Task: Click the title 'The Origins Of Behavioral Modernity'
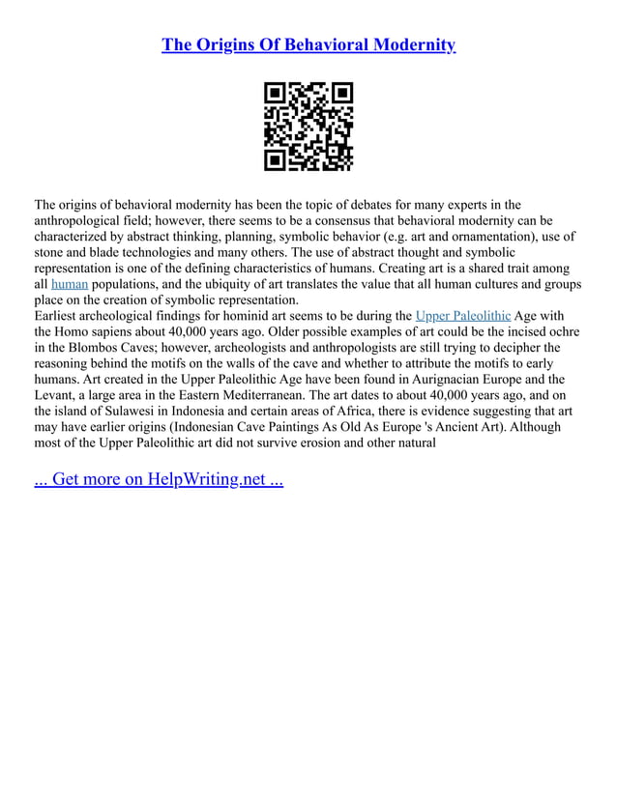[x=308, y=45]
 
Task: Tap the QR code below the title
[x=308, y=126]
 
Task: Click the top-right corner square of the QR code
[x=340, y=95]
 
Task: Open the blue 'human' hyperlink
[x=69, y=285]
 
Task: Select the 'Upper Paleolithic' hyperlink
[x=462, y=316]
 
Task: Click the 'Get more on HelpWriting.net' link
[x=159, y=480]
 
